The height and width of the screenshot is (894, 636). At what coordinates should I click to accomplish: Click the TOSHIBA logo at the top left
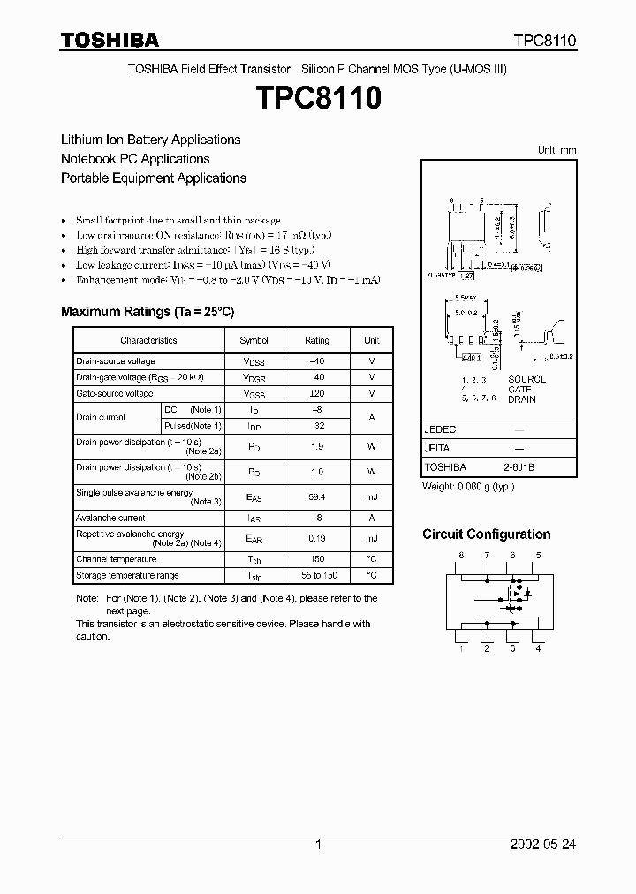click(x=110, y=41)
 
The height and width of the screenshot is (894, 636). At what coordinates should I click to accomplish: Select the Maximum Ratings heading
click(x=148, y=312)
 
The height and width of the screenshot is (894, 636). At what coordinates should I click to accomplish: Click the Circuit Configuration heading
click(x=486, y=534)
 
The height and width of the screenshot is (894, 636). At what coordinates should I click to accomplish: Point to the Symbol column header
click(x=254, y=340)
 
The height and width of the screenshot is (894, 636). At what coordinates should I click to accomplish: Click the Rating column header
click(x=317, y=340)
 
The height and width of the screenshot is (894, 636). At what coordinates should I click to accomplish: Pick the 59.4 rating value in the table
click(x=317, y=497)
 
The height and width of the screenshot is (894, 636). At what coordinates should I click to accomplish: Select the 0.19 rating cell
click(x=317, y=538)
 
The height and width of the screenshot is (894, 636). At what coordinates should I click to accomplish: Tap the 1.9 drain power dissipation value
click(x=317, y=447)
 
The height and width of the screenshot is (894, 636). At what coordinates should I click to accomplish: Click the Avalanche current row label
click(x=110, y=518)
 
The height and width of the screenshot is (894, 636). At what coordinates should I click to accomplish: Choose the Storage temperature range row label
click(x=127, y=575)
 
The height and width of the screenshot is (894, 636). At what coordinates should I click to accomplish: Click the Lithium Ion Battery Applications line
click(x=150, y=140)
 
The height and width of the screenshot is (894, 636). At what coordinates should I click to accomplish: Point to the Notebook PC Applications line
click(x=135, y=159)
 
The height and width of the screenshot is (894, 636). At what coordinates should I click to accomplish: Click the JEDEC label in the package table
click(x=441, y=428)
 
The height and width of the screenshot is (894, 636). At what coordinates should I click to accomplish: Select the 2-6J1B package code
click(x=519, y=467)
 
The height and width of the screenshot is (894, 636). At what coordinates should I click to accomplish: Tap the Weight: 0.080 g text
click(x=468, y=487)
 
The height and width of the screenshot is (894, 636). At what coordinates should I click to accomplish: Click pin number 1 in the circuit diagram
click(x=460, y=648)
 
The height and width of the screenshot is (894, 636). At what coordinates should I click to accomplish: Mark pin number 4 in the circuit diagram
click(x=538, y=648)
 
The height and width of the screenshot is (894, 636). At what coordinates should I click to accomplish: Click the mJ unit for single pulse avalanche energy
click(x=372, y=497)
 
